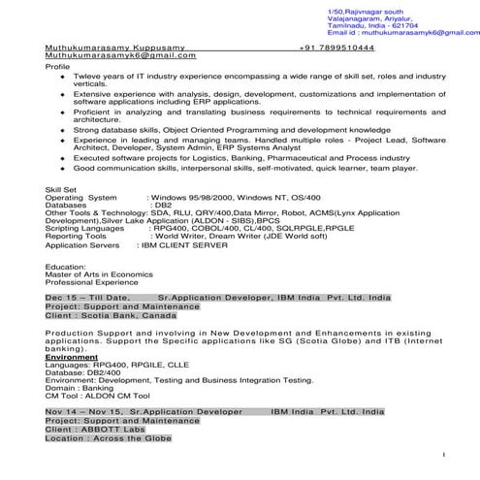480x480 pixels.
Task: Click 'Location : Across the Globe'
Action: click(108, 438)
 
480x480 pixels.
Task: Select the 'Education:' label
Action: click(66, 265)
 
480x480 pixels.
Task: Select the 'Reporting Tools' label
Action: click(77, 236)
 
